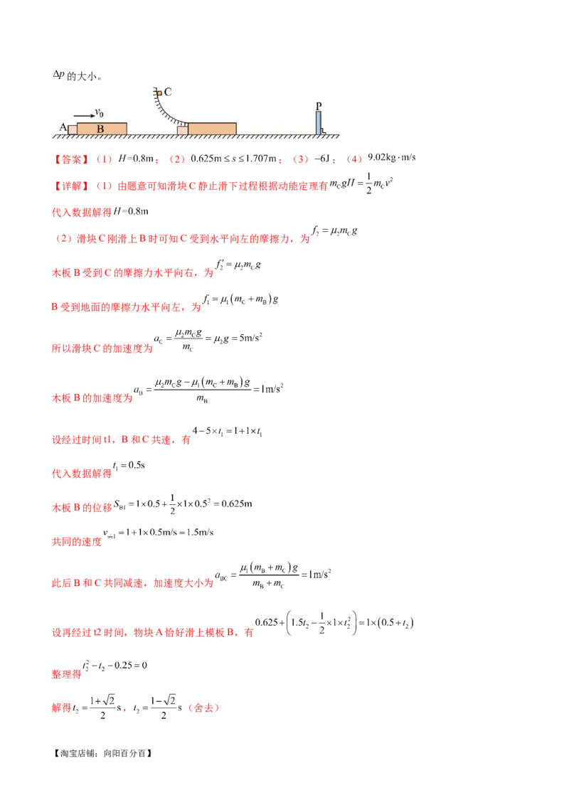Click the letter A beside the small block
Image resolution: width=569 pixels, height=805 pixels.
coord(63,127)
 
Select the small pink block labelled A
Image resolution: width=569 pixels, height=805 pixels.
coord(73,129)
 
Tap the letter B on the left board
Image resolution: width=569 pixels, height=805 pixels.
coord(100,129)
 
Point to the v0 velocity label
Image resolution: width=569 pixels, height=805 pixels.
coord(100,112)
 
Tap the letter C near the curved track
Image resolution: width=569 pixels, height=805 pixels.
coord(168,92)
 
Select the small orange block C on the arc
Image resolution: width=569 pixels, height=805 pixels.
coord(158,93)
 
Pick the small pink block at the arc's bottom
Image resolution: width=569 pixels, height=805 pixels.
coord(183,129)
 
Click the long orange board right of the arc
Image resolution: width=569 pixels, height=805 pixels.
coord(212,128)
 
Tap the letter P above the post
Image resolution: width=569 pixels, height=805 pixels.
coord(319,105)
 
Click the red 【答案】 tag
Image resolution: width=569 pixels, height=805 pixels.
coord(70,160)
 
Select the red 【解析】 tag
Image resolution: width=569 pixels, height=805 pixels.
coord(70,186)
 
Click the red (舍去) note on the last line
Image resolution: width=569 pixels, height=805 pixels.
coord(206,708)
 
